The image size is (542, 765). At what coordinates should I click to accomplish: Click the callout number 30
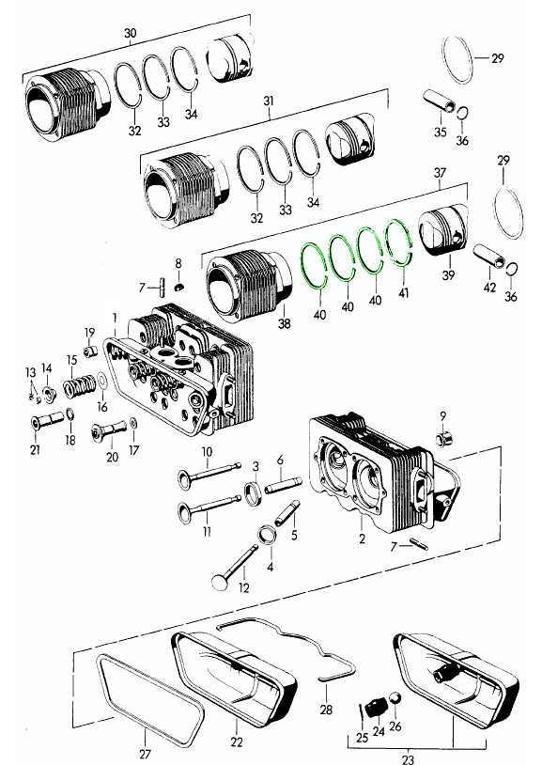[x=131, y=33]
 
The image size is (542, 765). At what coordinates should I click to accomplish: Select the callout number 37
[x=440, y=173]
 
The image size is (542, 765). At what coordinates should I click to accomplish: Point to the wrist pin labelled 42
[x=488, y=257]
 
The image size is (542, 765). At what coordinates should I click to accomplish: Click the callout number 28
[x=326, y=709]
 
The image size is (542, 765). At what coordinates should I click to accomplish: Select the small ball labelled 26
[x=395, y=698]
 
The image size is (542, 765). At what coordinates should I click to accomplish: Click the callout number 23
[x=408, y=759]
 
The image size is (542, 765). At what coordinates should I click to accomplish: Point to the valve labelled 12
[x=235, y=566]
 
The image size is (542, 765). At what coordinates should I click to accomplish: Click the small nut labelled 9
[x=444, y=438]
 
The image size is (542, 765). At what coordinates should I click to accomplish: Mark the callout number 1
[x=115, y=319]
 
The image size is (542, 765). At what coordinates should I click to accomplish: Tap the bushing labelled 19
[x=89, y=351]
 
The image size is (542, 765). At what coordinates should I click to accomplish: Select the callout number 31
[x=269, y=101]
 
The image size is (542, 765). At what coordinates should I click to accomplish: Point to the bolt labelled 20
[x=109, y=429]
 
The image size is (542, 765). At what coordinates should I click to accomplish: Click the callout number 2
[x=362, y=539]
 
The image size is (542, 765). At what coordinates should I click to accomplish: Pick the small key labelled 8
[x=179, y=285]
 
